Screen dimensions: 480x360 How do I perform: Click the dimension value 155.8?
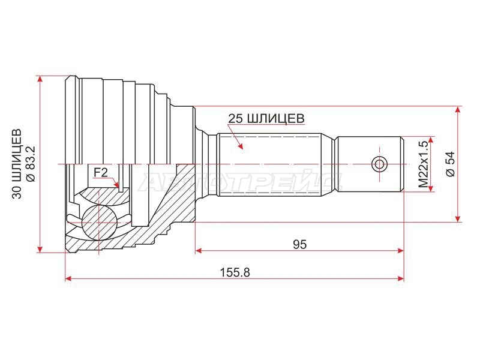click(x=235, y=272)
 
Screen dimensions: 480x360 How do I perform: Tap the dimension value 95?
click(x=299, y=244)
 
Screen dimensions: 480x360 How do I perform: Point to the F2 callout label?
click(x=101, y=173)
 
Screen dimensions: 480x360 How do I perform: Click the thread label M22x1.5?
click(x=423, y=164)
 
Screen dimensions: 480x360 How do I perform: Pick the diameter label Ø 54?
click(x=451, y=164)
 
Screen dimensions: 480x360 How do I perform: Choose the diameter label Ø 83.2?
click(x=31, y=164)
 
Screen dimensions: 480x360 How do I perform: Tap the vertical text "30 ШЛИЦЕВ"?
click(x=17, y=164)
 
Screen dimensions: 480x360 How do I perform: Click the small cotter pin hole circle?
click(x=379, y=164)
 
